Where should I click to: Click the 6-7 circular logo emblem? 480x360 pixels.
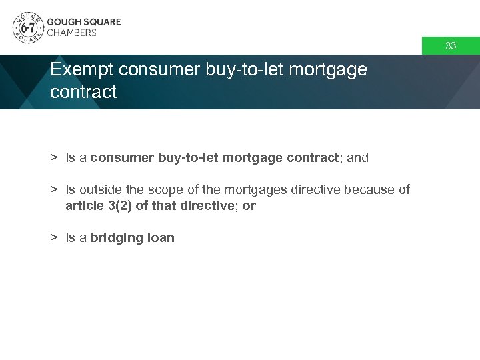[x=28, y=27]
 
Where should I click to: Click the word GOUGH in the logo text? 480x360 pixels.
[x=63, y=21]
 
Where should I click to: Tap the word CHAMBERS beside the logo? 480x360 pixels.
[x=71, y=33]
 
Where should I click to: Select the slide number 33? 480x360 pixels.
[x=451, y=46]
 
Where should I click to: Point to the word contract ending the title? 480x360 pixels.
[x=83, y=92]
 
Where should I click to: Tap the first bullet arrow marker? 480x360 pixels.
[x=53, y=158]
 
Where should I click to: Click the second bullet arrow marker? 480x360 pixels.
[x=53, y=190]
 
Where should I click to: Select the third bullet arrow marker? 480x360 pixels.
[x=53, y=238]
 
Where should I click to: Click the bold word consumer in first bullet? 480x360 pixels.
[x=122, y=158]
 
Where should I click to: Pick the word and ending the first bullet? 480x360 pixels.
[x=357, y=158]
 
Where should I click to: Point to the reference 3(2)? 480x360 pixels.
[x=117, y=206]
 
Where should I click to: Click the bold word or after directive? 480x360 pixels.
[x=249, y=206]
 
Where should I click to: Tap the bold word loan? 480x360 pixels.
[x=160, y=238]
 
